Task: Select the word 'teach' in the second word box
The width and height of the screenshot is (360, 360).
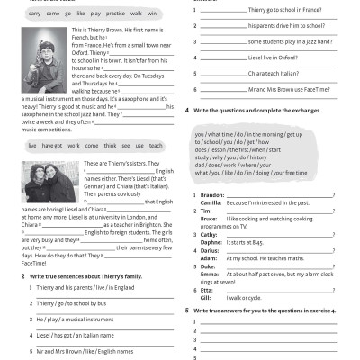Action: click(x=155, y=145)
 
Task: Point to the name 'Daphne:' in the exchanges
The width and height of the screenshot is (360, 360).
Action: click(x=211, y=241)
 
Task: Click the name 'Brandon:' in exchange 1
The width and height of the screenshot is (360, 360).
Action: click(x=212, y=194)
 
